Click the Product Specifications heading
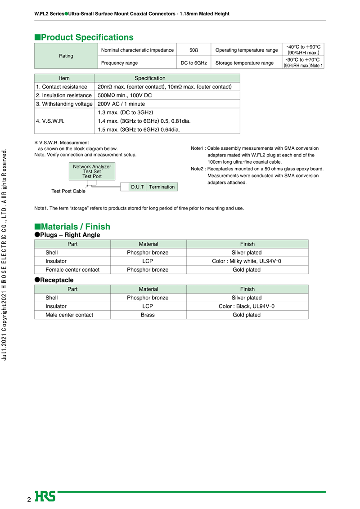(x=84, y=37)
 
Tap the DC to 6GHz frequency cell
(x=193, y=63)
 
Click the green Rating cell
(x=66, y=56)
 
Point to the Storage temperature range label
(x=244, y=63)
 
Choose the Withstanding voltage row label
(x=64, y=104)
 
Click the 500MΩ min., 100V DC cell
(x=125, y=95)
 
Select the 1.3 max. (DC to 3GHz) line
(x=126, y=112)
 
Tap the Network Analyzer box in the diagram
(x=92, y=171)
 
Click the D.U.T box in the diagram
(x=137, y=187)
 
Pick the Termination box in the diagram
(x=162, y=187)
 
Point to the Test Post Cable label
(x=68, y=192)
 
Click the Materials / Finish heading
(x=72, y=227)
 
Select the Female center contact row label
(x=72, y=270)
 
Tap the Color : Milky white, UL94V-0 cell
(x=247, y=261)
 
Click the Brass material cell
(x=148, y=315)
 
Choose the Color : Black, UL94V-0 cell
(x=247, y=306)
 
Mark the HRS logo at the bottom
(x=45, y=496)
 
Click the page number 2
(x=29, y=500)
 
